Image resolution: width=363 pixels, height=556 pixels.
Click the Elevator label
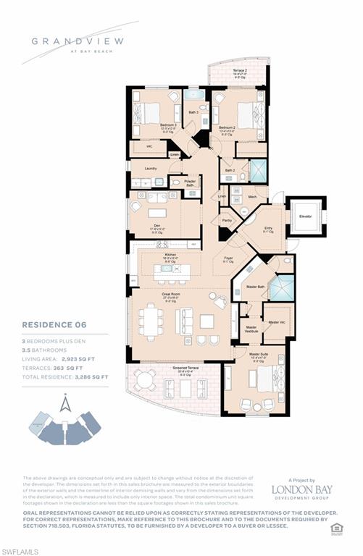(306, 216)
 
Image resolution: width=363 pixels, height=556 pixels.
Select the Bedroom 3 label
(170, 125)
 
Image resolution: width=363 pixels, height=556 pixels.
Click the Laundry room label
(151, 169)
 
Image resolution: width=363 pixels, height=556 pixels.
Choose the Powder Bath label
(190, 183)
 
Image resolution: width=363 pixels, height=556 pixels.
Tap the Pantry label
(228, 220)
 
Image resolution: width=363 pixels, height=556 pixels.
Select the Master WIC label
(277, 322)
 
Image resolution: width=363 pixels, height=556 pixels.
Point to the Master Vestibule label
(251, 329)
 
